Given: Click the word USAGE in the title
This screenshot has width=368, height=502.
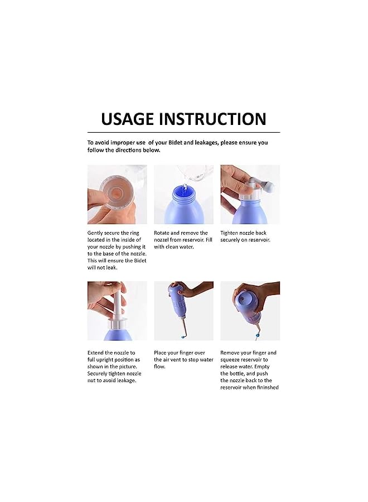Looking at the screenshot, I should pyautogui.click(x=127, y=119).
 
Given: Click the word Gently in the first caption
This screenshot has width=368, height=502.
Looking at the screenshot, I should pyautogui.click(x=96, y=233).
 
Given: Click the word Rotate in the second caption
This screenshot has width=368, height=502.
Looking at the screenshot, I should pyautogui.click(x=163, y=233).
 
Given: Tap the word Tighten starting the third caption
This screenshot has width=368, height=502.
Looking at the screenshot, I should pyautogui.click(x=231, y=233).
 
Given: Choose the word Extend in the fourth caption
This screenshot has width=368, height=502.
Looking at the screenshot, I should pyautogui.click(x=96, y=353).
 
